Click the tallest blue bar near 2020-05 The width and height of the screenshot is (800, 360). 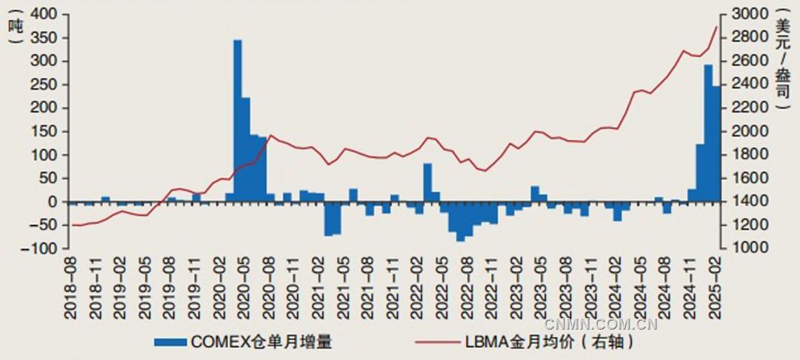point(238,119)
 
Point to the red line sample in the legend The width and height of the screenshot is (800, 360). point(437,342)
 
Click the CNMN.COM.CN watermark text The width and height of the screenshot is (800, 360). point(601,324)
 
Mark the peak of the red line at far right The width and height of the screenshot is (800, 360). point(716,27)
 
